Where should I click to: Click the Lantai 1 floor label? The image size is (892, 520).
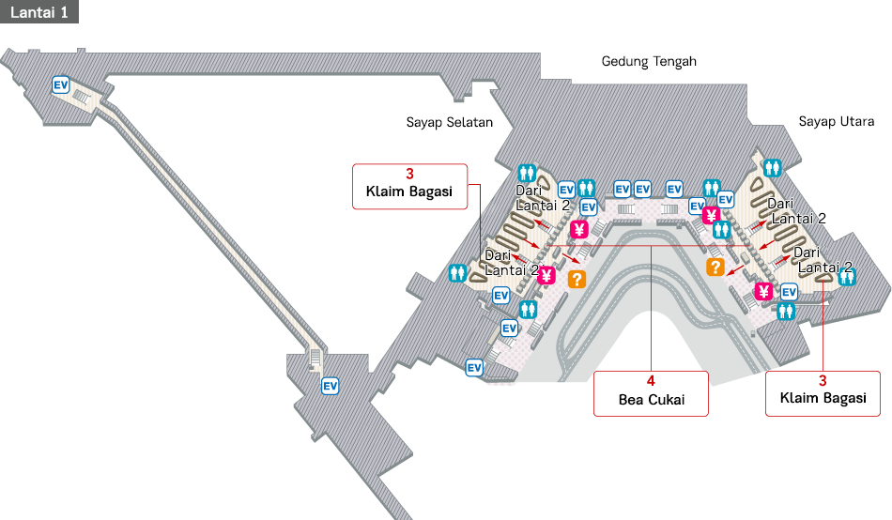38,11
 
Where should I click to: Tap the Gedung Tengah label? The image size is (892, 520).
649,62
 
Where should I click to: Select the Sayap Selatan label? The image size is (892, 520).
449,122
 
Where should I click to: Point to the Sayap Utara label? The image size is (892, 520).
837,122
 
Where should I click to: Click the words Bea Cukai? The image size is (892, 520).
651,400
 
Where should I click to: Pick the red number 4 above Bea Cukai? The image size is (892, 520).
651,382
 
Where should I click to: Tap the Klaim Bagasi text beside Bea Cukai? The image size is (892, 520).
823,399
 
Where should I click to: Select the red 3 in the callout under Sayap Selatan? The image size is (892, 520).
409,175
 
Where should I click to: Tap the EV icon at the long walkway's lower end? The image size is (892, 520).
330,386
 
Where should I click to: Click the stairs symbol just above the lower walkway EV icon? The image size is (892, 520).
315,359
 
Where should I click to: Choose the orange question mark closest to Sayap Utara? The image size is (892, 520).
715,268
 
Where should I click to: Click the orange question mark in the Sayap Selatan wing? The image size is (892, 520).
577,279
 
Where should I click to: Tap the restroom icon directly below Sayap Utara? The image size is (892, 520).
772,167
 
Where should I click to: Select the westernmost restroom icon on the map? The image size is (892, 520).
457,272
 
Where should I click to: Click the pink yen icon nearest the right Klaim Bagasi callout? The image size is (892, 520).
763,292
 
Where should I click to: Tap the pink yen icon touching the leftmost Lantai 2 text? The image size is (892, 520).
546,275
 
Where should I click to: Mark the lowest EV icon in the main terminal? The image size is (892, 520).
474,368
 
